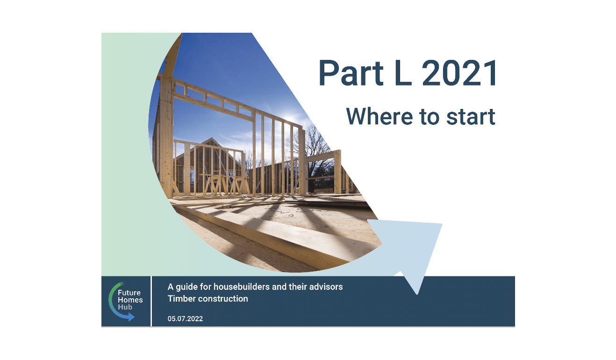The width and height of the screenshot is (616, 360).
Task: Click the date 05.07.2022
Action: [x=185, y=319]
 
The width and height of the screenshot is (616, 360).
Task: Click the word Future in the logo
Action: [x=129, y=293]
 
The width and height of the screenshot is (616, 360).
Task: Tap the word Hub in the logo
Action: [x=125, y=307]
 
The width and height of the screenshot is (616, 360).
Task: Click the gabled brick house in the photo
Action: [x=210, y=161]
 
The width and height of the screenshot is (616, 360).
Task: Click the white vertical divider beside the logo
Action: [x=151, y=301]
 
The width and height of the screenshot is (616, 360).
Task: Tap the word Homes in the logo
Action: [x=130, y=300]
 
